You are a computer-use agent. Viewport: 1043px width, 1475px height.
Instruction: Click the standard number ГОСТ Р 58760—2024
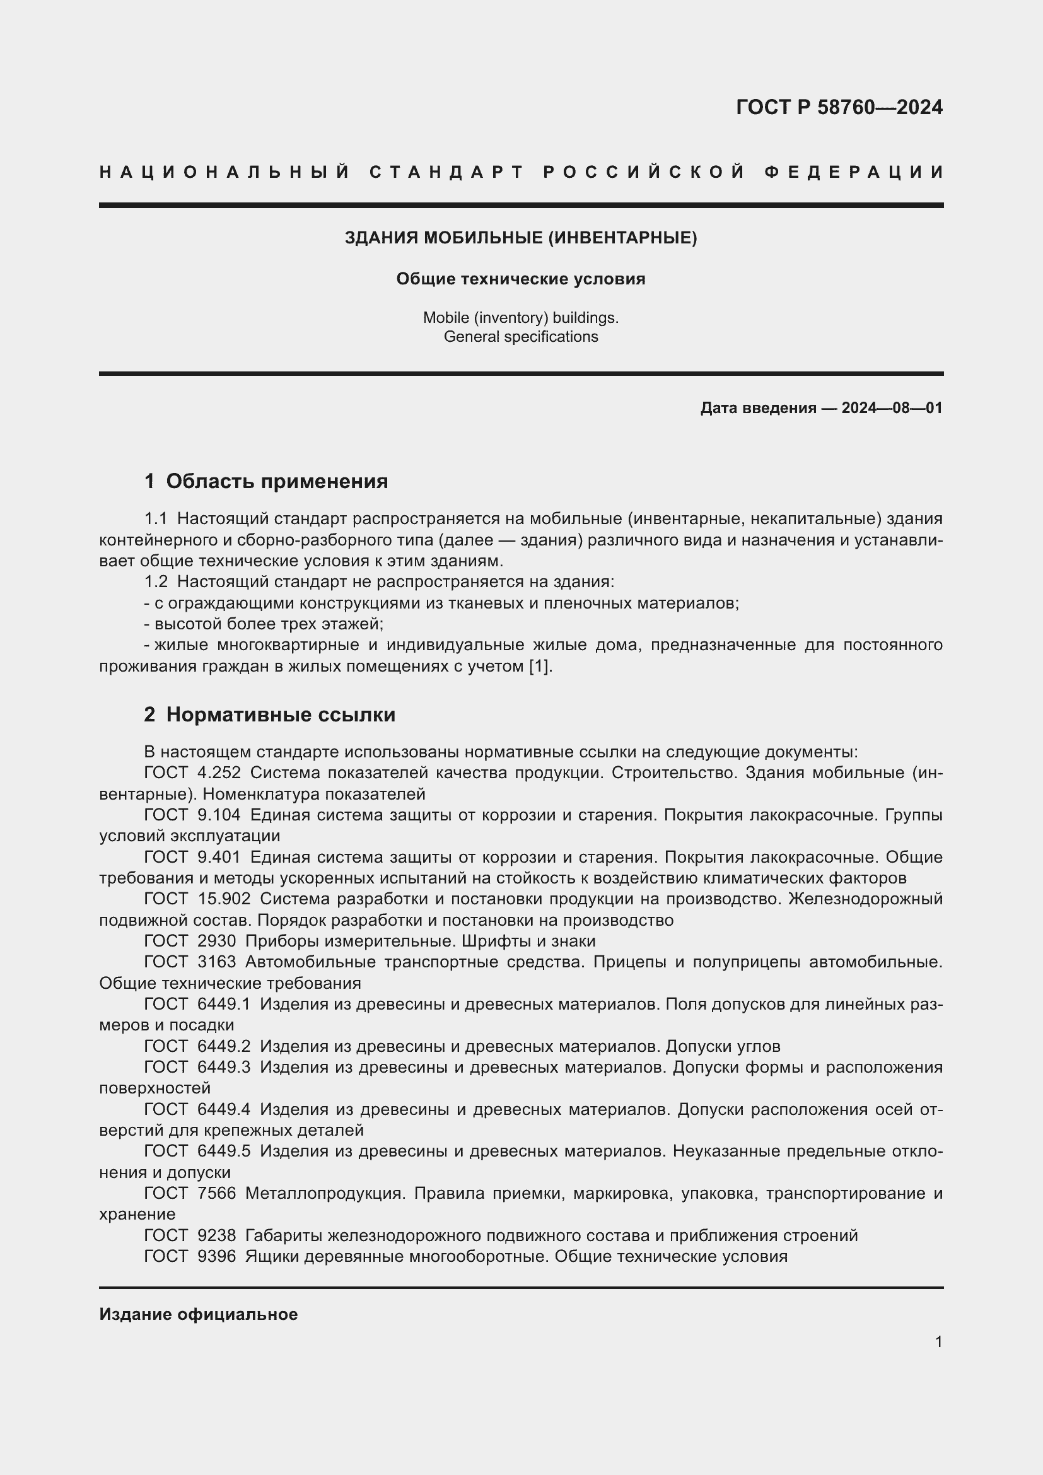839,107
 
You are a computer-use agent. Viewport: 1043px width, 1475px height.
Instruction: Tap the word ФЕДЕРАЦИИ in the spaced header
854,172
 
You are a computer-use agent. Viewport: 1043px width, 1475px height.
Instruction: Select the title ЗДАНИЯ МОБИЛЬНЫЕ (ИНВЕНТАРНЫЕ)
521,238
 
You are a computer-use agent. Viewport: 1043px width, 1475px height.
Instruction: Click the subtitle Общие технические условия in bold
521,279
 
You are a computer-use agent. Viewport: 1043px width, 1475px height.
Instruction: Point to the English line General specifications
521,337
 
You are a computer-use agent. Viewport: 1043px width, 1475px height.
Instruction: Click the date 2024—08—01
892,408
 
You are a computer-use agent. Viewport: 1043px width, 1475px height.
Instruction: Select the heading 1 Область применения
266,481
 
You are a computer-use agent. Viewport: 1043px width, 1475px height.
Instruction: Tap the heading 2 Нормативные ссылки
270,714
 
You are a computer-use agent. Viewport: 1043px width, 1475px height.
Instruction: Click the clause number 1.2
156,582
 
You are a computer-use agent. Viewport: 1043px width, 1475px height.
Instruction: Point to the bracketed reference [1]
539,666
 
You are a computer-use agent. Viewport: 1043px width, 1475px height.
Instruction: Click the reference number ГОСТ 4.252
193,773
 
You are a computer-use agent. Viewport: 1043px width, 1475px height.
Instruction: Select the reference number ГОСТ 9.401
193,857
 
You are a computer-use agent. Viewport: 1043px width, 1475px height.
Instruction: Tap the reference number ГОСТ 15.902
197,899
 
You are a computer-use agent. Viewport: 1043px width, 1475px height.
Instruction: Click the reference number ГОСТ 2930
189,941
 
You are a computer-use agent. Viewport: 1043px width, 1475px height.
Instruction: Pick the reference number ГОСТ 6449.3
197,1067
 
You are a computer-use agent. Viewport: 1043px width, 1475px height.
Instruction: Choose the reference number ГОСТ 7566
189,1193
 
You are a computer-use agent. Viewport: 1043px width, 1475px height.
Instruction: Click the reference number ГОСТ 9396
189,1256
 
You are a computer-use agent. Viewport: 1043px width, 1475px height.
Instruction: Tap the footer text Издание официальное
199,1314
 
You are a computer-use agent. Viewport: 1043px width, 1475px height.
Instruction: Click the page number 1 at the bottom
938,1341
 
